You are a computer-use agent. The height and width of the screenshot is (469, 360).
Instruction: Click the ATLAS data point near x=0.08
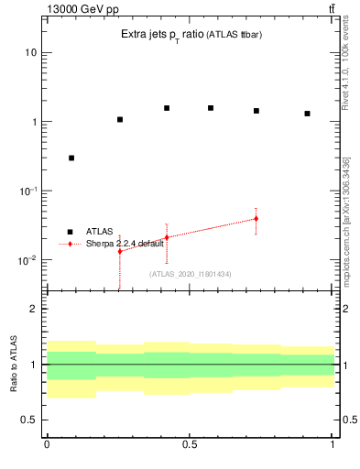coord(71,158)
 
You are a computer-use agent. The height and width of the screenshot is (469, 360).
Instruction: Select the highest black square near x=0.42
coord(167,108)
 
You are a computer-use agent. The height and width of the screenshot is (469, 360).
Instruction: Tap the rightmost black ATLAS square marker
coord(308,114)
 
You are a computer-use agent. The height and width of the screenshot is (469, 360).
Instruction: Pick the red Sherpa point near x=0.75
coord(256,219)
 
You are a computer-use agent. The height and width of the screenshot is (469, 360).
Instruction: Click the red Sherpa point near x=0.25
coord(119,251)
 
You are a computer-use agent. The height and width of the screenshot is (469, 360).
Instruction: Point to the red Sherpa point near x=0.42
coord(167,237)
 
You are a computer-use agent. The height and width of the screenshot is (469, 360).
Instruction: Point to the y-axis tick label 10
coord(30,52)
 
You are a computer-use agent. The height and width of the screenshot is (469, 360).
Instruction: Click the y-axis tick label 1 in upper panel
coord(34,122)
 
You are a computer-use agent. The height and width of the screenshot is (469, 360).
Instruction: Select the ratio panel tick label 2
coord(34,309)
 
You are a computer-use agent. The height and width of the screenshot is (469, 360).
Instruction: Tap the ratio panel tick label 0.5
coord(29,420)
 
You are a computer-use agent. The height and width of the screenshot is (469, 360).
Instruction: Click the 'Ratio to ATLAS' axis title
coord(14,364)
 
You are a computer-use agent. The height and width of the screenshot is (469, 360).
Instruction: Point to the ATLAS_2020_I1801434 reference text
coord(191,274)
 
